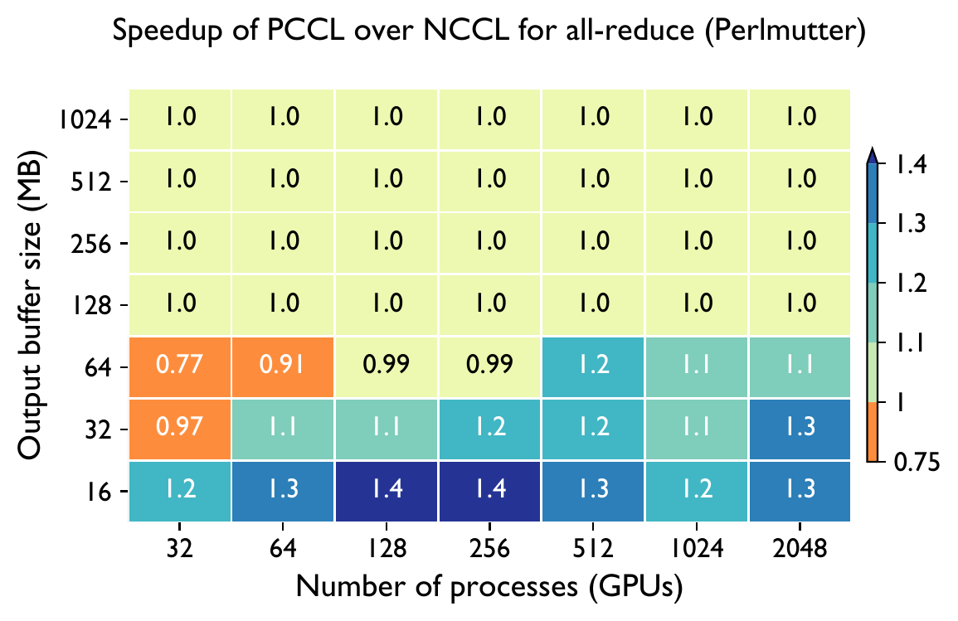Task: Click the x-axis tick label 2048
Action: [799, 549]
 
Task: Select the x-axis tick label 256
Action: [489, 549]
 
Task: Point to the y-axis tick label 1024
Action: [85, 120]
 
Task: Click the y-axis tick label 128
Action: [93, 306]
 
